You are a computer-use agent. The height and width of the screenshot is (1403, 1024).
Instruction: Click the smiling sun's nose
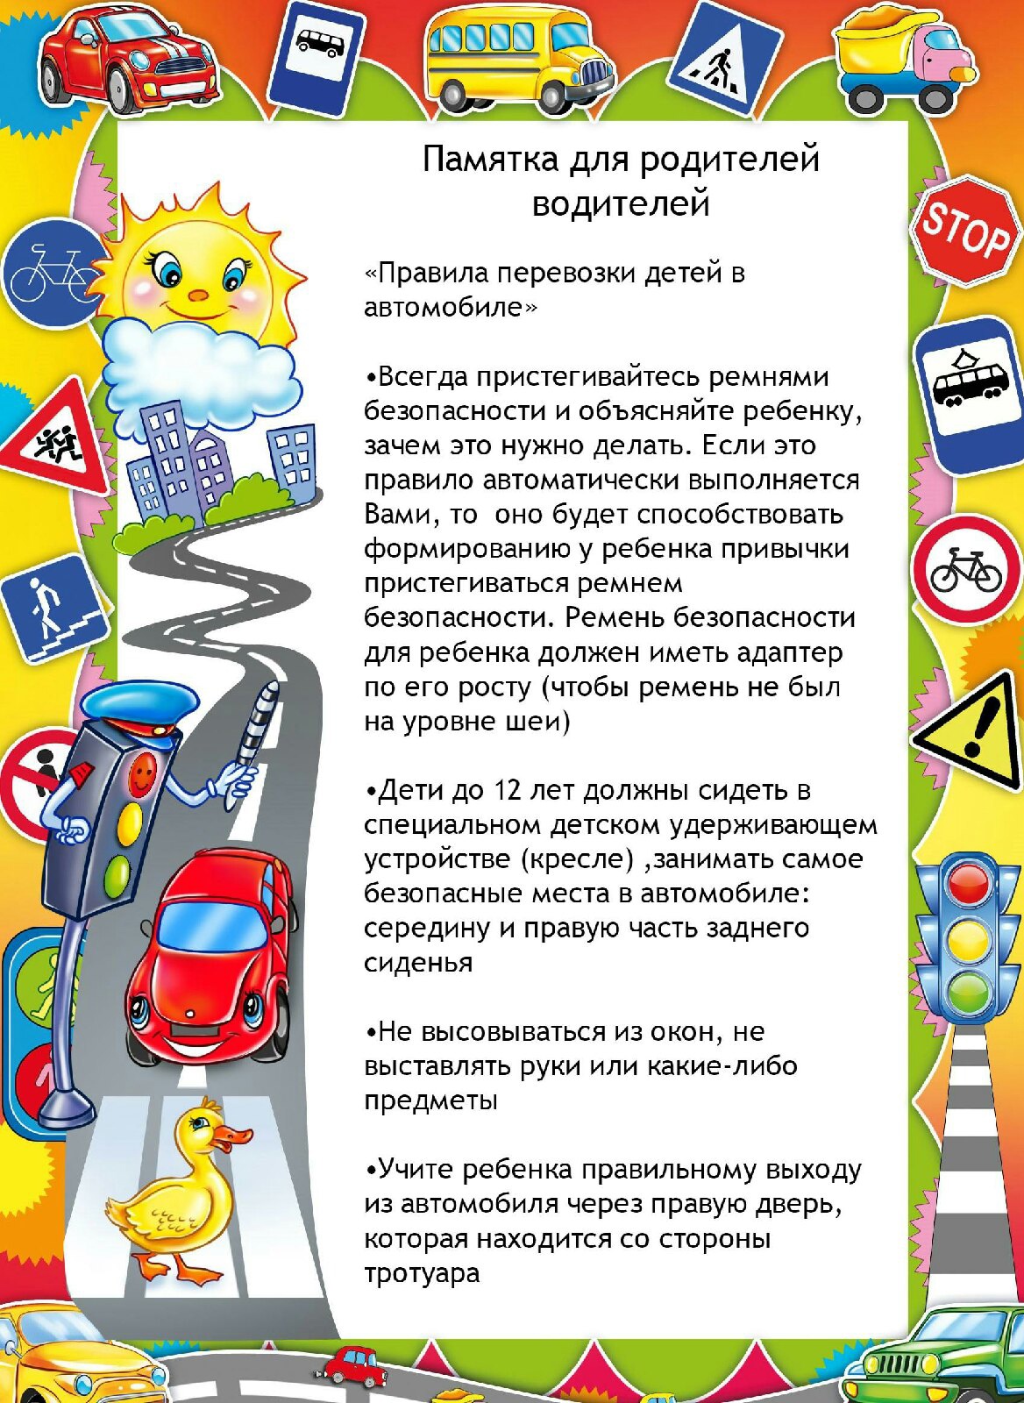[x=199, y=295]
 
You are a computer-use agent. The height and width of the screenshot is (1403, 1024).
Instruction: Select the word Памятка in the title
[x=490, y=160]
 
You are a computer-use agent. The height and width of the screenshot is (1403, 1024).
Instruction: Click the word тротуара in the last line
[x=422, y=1273]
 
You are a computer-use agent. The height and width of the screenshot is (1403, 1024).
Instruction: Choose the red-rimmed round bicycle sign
[x=966, y=570]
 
